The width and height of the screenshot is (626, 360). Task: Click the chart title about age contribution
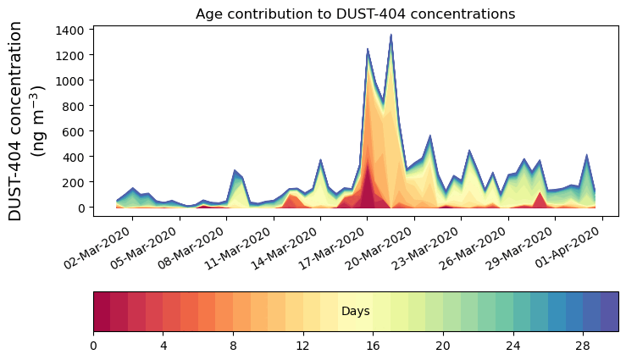pyautogui.click(x=355, y=14)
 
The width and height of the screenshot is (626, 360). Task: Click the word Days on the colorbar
pyautogui.click(x=355, y=312)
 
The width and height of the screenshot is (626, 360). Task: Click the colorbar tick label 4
pyautogui.click(x=163, y=346)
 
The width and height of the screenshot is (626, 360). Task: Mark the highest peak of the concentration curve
pyautogui.click(x=391, y=35)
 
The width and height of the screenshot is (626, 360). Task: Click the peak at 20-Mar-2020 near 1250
pyautogui.click(x=368, y=49)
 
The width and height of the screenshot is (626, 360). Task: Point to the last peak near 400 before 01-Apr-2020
pyautogui.click(x=586, y=155)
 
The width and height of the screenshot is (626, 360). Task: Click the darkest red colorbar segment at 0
pyautogui.click(x=102, y=312)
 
